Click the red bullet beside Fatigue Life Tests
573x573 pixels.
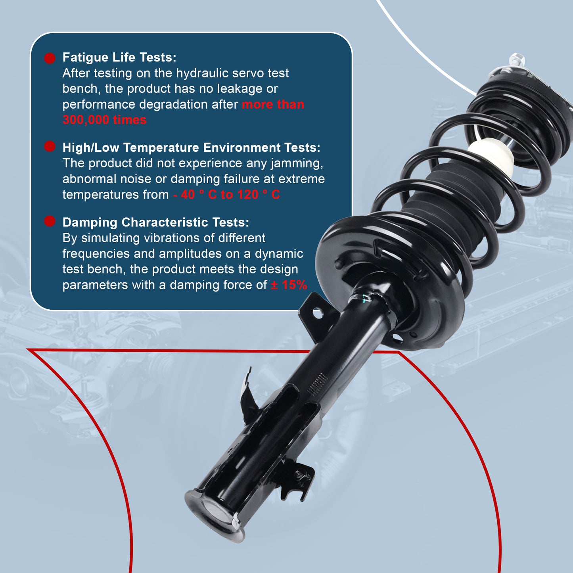pos(50,58)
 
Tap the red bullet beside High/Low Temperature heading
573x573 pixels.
pos(50,147)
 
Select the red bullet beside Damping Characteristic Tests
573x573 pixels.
pos(50,221)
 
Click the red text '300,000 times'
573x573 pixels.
pos(104,120)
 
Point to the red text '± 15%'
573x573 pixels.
pos(289,285)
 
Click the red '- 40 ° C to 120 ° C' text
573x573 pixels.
pos(226,195)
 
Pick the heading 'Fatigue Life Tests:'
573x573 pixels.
pos(119,57)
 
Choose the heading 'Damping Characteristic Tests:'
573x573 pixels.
pos(156,222)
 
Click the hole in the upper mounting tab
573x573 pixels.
pos(318,314)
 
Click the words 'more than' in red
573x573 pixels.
pos(273,104)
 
